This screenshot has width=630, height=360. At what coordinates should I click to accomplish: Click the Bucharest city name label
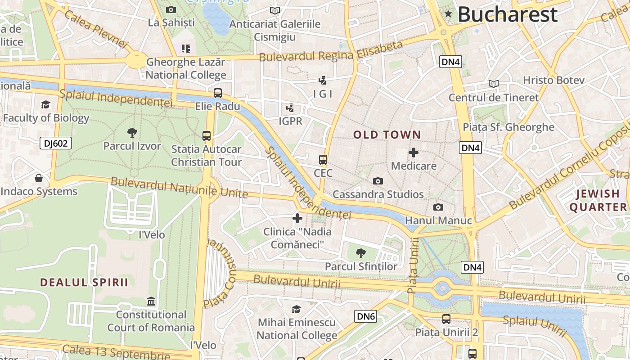[508, 14]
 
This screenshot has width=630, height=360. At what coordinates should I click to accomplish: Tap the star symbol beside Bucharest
[448, 14]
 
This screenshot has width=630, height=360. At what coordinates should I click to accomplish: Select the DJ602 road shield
[56, 144]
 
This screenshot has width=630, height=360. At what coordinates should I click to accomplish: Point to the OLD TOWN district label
[387, 135]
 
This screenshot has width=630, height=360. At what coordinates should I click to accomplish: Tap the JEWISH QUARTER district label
[598, 200]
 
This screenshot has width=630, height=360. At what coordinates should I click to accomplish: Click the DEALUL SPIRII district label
[84, 283]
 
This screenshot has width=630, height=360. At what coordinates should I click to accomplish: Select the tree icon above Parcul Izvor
[132, 132]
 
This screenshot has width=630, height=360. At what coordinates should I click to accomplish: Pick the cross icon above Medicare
[413, 153]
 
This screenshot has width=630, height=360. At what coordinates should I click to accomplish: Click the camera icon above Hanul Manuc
[438, 207]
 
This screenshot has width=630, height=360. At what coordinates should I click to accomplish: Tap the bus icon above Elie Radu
[218, 93]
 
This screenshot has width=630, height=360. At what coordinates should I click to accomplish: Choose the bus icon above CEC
[323, 160]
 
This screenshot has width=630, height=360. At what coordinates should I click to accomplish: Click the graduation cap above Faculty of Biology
[45, 105]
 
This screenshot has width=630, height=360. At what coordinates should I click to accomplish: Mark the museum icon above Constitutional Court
[151, 301]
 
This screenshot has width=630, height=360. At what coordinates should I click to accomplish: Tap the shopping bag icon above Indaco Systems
[39, 178]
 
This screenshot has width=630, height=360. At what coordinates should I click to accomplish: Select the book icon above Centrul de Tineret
[494, 84]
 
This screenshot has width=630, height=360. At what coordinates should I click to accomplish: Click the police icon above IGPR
[290, 108]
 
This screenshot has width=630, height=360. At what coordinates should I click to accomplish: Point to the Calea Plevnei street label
[96, 28]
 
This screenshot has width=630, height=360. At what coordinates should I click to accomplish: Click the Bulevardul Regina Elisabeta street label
[331, 53]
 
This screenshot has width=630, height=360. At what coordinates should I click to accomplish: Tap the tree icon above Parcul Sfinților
[360, 253]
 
